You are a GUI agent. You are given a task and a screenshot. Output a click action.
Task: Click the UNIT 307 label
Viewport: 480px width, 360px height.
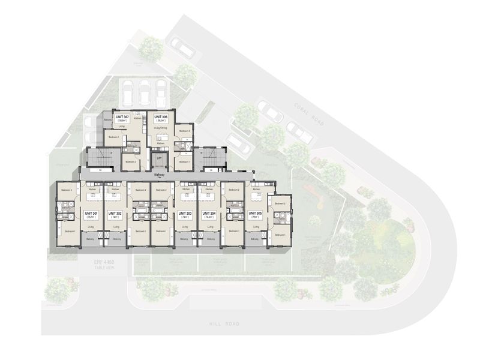122,117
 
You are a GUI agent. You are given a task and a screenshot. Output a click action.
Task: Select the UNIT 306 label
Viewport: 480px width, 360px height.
160,117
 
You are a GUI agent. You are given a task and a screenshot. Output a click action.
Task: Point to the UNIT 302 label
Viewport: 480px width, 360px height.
114,213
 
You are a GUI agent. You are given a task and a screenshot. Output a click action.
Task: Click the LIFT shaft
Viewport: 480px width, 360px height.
159,158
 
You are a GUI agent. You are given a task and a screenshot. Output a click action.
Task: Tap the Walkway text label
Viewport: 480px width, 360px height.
159,175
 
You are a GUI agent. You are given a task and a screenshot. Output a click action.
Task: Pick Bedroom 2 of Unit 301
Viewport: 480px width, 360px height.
67,190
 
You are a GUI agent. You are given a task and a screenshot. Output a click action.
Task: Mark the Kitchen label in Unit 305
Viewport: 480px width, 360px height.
256,189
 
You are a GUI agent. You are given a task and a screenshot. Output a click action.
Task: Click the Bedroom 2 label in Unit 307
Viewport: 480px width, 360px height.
130,161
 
